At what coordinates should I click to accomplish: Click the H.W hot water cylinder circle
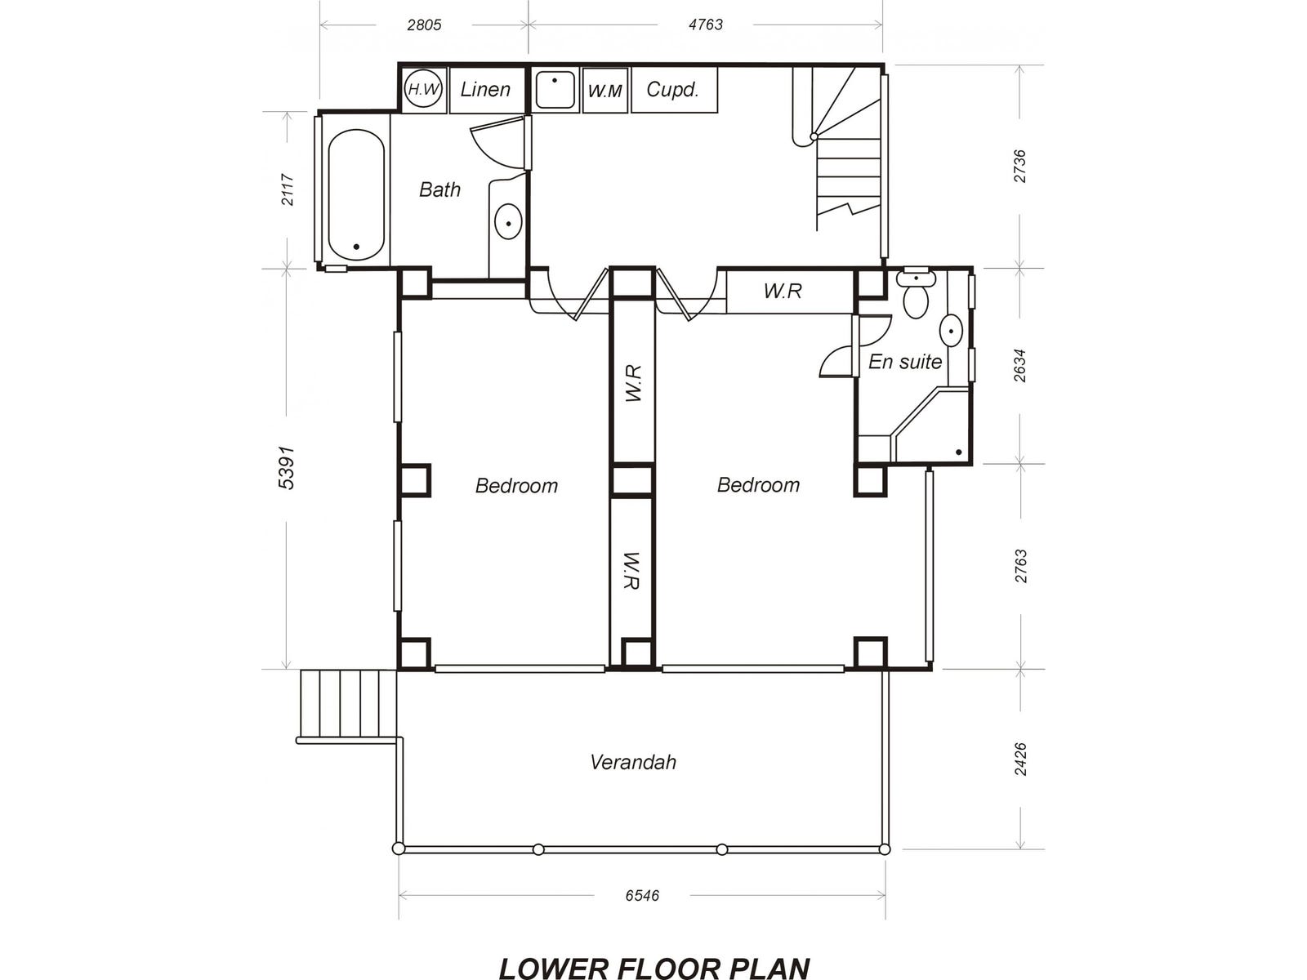pos(423,89)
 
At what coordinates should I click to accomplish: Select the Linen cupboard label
pos(485,89)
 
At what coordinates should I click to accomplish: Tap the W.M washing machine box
pos(605,91)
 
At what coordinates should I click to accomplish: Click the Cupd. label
pos(672,89)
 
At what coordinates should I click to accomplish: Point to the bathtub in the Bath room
pos(356,195)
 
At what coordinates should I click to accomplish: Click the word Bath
pos(439,189)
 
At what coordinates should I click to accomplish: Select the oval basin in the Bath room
pos(509,221)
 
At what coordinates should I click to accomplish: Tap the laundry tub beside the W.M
pos(555,90)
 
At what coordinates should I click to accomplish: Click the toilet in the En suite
pos(916,294)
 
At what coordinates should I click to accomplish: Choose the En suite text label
pos(905,361)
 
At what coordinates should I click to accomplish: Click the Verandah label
pos(633,762)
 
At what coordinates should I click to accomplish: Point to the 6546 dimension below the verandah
pos(642,896)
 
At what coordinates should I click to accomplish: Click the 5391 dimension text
pos(287,468)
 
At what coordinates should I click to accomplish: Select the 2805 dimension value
pos(425,25)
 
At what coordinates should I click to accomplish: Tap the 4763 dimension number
pos(706,24)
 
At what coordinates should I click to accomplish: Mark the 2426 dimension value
pos(1020,759)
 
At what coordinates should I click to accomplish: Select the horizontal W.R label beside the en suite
pos(783,291)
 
